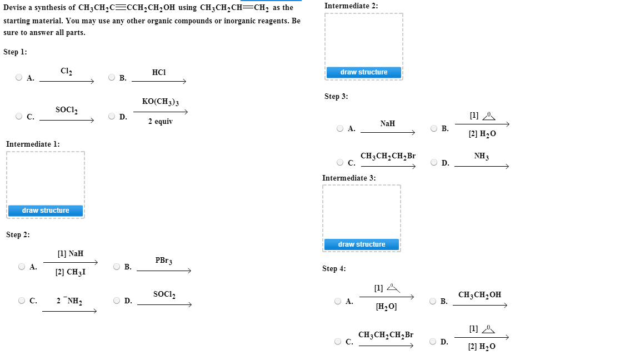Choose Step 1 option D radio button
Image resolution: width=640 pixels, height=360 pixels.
(112, 117)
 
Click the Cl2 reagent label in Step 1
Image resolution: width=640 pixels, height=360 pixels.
(66, 71)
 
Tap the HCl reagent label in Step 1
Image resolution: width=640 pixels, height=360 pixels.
(159, 72)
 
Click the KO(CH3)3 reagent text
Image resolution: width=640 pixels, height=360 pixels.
(160, 102)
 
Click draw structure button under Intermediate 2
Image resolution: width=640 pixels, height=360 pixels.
(364, 72)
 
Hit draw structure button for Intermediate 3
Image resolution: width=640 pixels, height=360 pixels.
(362, 244)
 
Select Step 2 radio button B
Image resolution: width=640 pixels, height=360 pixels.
(117, 267)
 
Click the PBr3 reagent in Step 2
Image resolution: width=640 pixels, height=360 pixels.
(164, 261)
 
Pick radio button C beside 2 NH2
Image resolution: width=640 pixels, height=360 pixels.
(22, 301)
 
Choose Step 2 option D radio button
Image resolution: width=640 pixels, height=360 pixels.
(117, 301)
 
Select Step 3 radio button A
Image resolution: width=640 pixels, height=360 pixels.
(340, 128)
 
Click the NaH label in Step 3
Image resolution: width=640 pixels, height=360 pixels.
(388, 123)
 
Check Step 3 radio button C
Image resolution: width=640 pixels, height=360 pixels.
(340, 163)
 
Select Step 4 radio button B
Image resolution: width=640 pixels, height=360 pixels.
(433, 301)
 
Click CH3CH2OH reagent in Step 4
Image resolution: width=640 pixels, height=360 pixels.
(479, 294)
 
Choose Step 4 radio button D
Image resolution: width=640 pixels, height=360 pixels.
(433, 342)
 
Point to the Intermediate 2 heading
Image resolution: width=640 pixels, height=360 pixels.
(351, 6)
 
